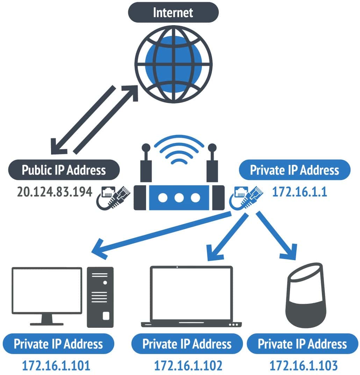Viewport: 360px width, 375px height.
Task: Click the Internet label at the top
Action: point(173,13)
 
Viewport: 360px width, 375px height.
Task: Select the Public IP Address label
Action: point(64,170)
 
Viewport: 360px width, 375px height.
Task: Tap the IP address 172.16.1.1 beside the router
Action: point(300,192)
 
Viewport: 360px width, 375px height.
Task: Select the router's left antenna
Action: point(146,164)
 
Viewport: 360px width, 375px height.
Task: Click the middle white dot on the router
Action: point(179,197)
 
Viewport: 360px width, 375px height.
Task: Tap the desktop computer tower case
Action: point(100,297)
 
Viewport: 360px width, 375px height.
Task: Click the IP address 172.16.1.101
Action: point(56,366)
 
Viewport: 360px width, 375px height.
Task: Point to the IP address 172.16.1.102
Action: point(188,366)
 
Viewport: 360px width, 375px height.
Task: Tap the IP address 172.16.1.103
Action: point(303,366)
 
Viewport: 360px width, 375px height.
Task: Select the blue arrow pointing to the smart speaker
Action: point(276,238)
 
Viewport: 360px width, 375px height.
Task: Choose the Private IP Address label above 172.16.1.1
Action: point(294,170)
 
